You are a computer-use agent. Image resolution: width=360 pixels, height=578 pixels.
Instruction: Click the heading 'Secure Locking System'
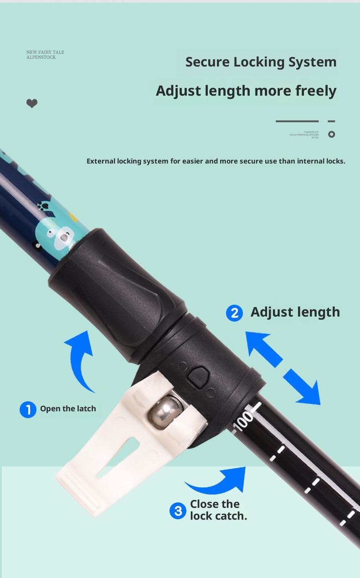261,62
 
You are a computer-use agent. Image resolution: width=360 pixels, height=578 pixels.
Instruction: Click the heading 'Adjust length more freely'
246,91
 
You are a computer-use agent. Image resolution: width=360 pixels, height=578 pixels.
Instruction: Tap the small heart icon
32,104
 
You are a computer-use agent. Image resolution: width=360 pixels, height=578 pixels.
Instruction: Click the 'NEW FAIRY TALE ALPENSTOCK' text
45,55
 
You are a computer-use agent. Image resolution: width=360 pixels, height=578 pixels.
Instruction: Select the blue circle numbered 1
28,409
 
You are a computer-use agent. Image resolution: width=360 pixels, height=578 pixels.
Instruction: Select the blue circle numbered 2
234,313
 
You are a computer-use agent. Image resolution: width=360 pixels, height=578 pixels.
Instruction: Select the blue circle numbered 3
178,511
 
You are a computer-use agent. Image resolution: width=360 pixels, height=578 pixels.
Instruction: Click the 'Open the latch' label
68,409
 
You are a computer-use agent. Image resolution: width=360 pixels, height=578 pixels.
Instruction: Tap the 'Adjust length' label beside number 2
295,312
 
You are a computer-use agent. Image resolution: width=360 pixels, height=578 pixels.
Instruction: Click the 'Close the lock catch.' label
218,510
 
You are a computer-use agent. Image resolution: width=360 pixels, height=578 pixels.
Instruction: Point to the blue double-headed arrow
283,368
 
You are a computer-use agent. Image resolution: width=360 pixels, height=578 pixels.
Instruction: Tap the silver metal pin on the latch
165,411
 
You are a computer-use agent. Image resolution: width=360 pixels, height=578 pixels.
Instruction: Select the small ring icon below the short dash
332,134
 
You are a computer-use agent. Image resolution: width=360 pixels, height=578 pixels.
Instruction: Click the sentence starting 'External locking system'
216,161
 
